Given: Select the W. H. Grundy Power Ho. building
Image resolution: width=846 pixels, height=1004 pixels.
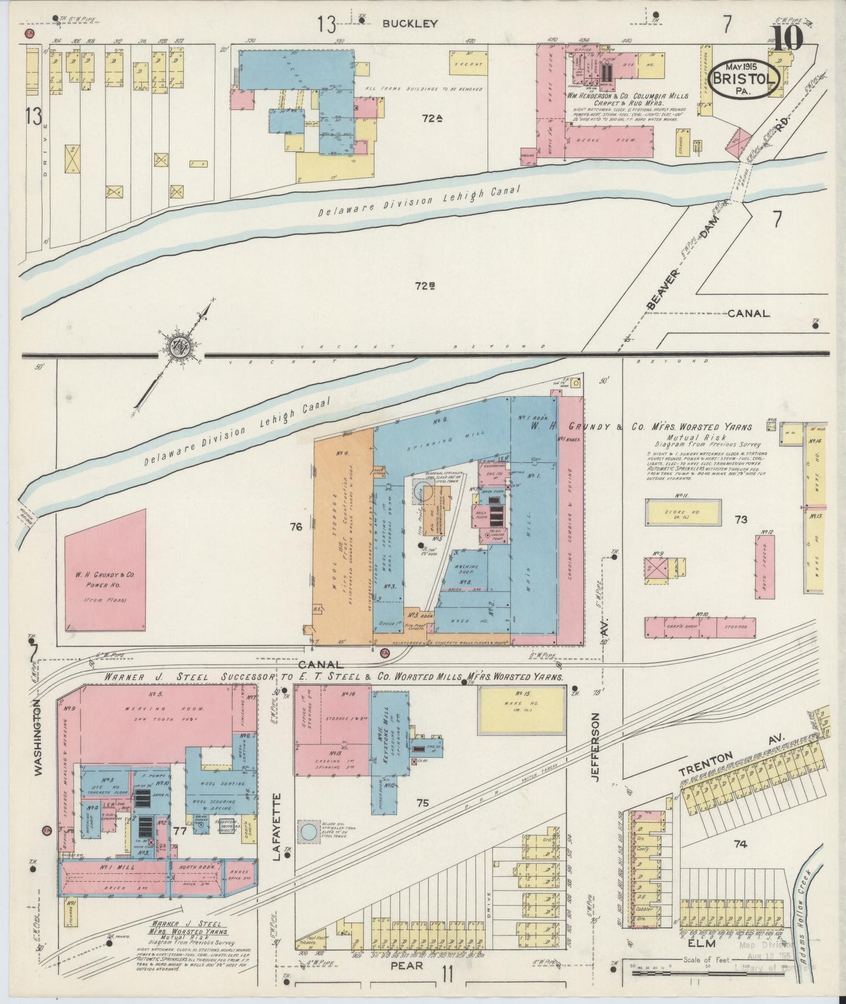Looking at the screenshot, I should coord(105,570).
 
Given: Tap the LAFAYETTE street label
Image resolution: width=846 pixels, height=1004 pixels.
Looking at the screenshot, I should coord(278,825).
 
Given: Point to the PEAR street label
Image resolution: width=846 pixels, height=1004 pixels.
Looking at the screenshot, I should coord(406,966).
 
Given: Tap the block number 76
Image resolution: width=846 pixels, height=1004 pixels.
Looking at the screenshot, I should coord(295,527).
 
